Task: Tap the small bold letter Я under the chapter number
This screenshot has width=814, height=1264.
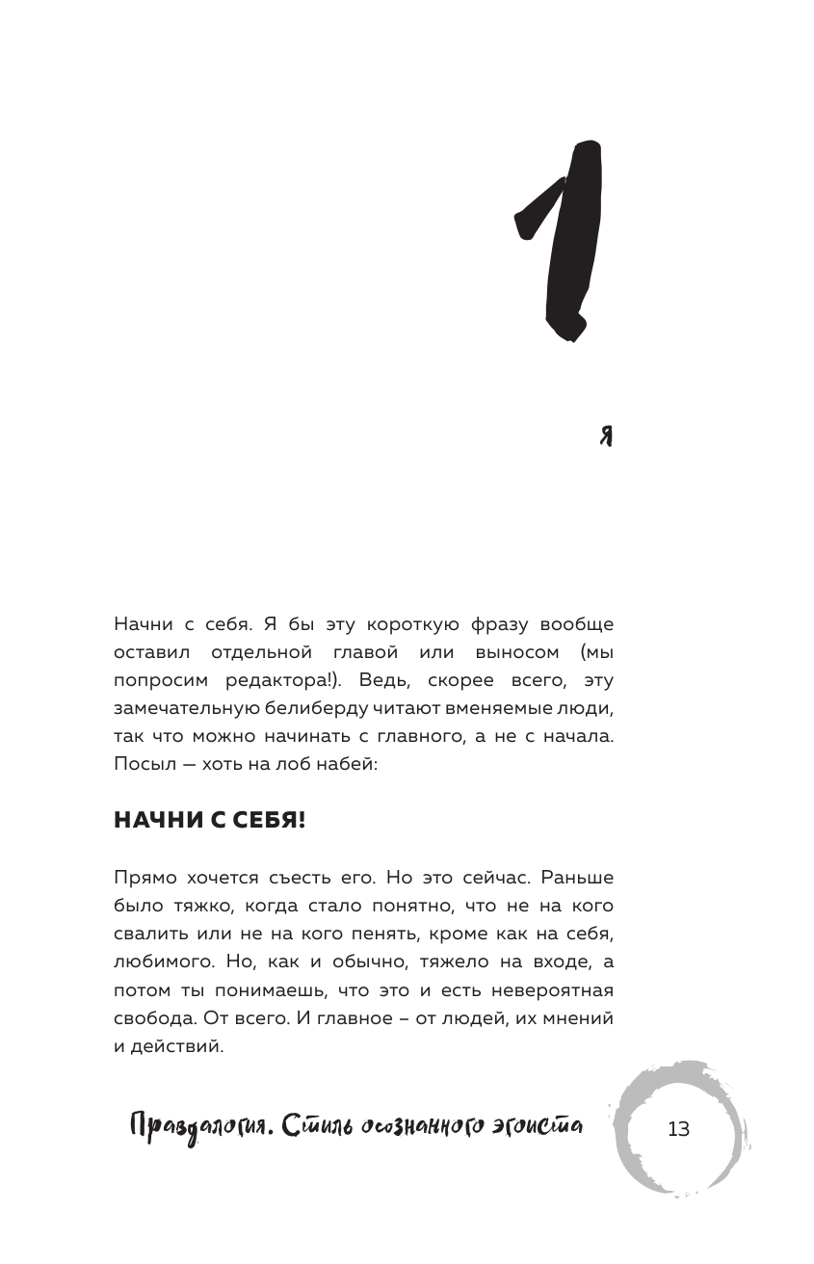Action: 606,436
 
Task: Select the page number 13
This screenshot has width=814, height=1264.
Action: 678,1129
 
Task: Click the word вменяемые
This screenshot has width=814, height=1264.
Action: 501,708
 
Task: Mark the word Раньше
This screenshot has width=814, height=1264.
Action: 577,878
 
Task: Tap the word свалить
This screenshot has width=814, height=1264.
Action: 144,934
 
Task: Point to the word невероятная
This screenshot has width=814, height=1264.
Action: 547,989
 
